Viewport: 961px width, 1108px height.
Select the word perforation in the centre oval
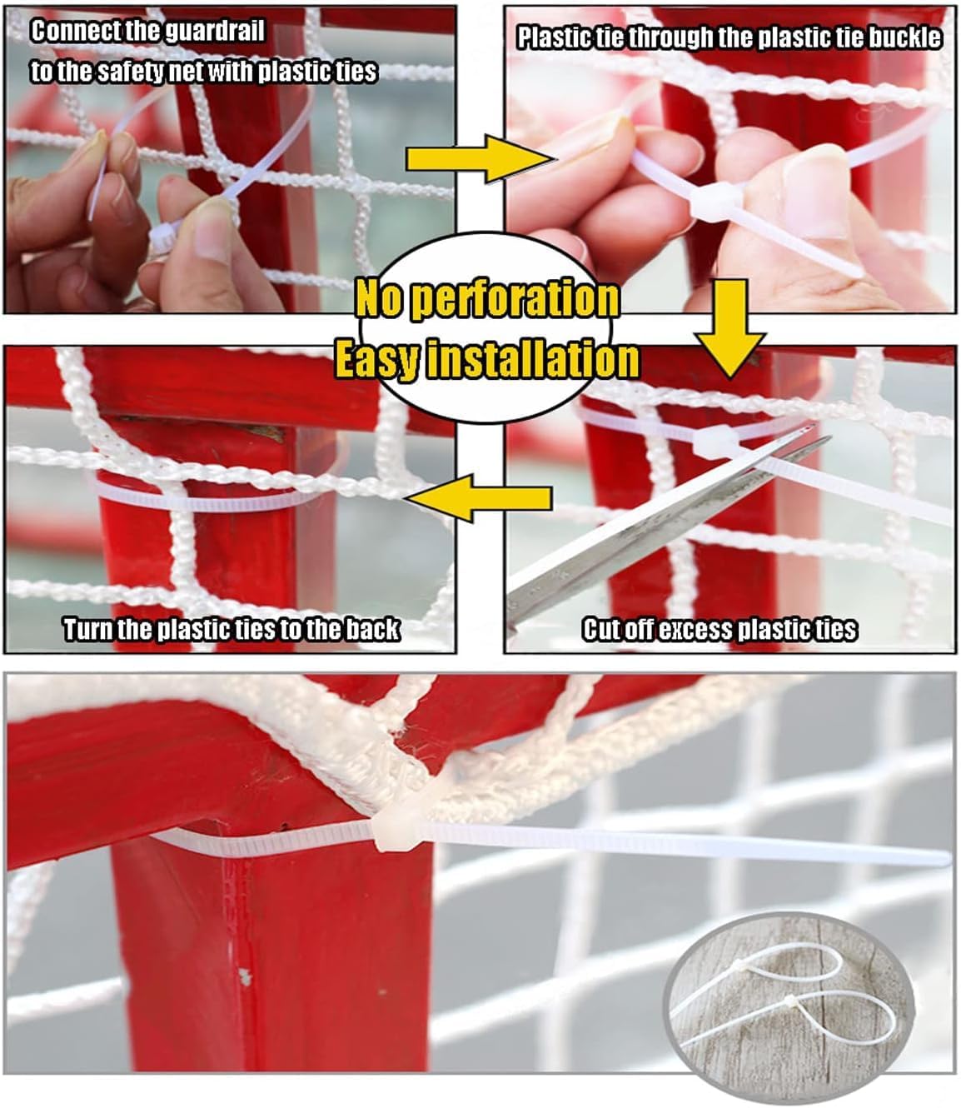pos(515,301)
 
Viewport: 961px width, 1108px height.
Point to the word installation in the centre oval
pos(533,360)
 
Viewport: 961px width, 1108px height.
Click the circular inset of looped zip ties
pos(786,991)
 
